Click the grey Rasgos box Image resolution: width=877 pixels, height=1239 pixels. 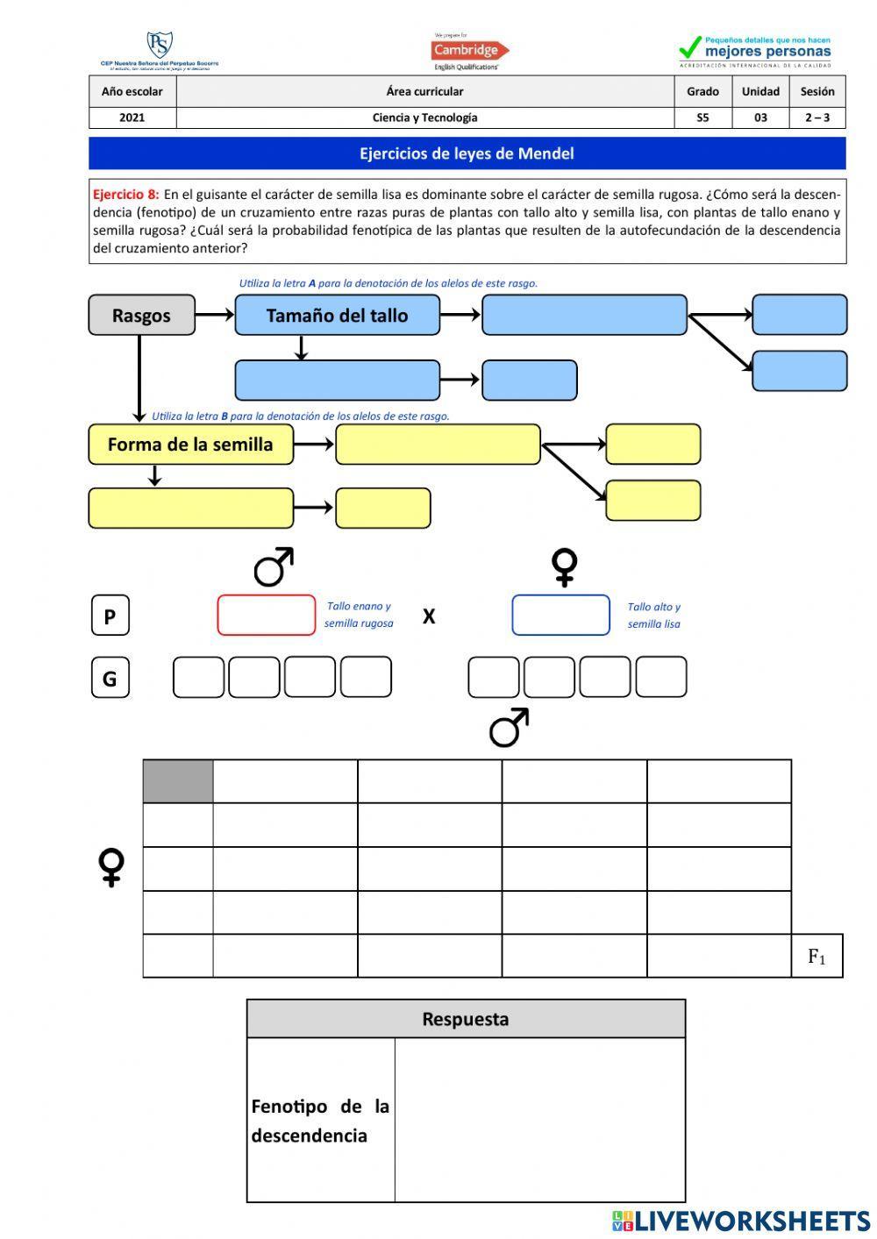pyautogui.click(x=141, y=315)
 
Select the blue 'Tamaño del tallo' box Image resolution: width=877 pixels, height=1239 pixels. pyautogui.click(x=337, y=315)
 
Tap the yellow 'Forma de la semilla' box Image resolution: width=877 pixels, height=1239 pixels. pyautogui.click(x=190, y=444)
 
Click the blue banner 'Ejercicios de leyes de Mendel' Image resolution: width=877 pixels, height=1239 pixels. pyautogui.click(x=467, y=153)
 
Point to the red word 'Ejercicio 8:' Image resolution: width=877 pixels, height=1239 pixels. pyautogui.click(x=125, y=195)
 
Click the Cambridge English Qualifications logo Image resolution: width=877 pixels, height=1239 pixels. pyautogui.click(x=468, y=52)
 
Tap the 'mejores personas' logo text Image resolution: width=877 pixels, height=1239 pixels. pyautogui.click(x=766, y=52)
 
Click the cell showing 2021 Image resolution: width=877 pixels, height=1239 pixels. pyautogui.click(x=132, y=117)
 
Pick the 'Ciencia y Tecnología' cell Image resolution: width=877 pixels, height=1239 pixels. pyautogui.click(x=424, y=117)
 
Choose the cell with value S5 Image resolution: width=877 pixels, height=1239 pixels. pyautogui.click(x=702, y=117)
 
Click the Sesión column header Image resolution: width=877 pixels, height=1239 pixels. pyautogui.click(x=816, y=91)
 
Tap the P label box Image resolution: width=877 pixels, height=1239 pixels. pyautogui.click(x=111, y=616)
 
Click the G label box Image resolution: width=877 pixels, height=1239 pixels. pyautogui.click(x=111, y=678)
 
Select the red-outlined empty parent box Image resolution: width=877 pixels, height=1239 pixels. pyautogui.click(x=266, y=615)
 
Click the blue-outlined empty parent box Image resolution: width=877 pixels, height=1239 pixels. pyautogui.click(x=560, y=615)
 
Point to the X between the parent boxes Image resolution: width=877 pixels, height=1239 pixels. pyautogui.click(x=429, y=616)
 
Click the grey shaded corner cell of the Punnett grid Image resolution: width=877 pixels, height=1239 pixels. pyautogui.click(x=178, y=781)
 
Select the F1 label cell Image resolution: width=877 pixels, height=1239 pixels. pyautogui.click(x=816, y=956)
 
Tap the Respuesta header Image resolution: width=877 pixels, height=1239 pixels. pyautogui.click(x=466, y=1019)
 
